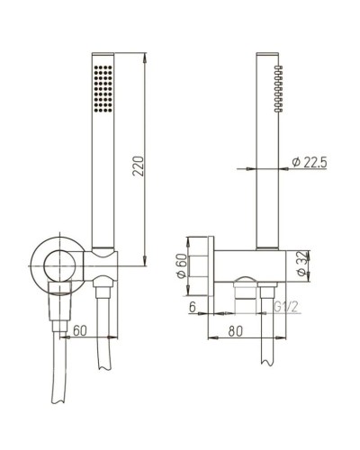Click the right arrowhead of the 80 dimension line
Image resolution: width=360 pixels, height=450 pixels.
(x=265, y=338)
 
